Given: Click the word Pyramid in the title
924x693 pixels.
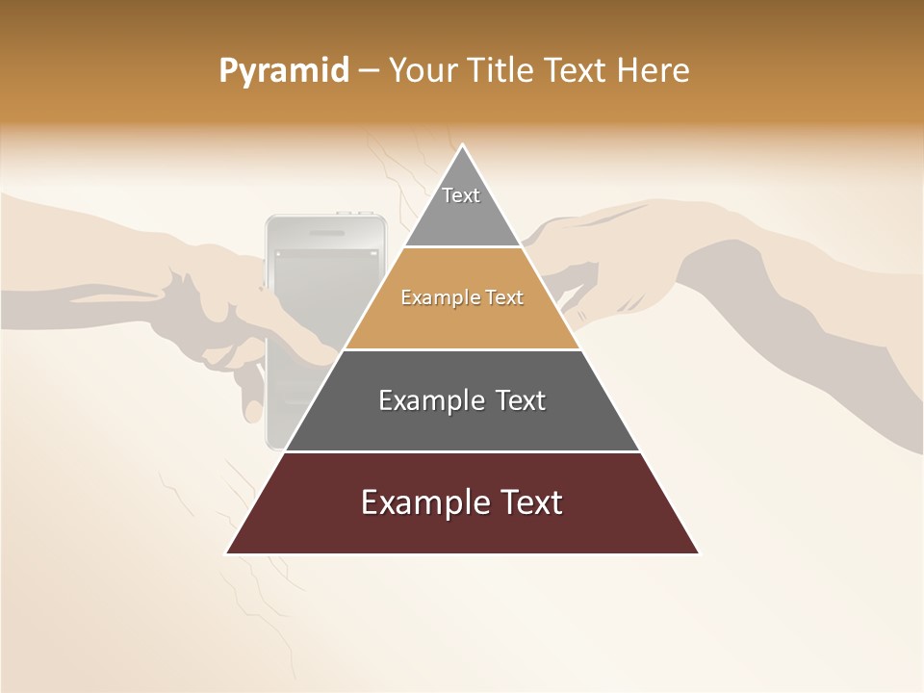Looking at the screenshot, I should (284, 71).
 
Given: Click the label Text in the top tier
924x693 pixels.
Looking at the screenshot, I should (461, 195).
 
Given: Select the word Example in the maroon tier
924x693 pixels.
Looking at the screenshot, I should (421, 502).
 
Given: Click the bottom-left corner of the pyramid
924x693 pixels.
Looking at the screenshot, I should (227, 552).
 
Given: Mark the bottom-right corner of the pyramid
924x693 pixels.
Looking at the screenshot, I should (698, 552).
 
